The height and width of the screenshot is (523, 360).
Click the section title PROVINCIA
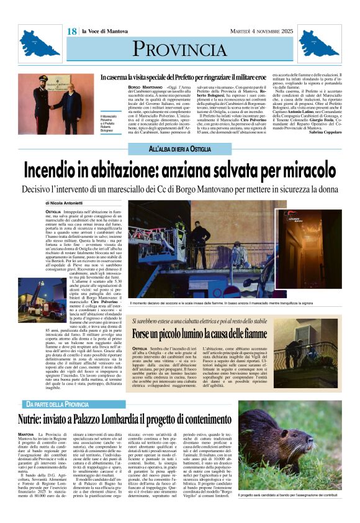tap(179, 49)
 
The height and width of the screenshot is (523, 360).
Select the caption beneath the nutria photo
tap(290, 495)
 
